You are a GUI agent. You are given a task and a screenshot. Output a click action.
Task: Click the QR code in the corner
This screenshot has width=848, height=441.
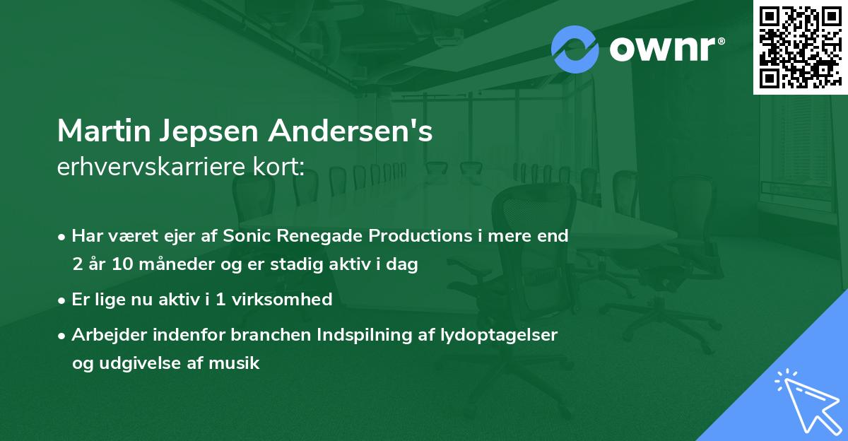point(800,47)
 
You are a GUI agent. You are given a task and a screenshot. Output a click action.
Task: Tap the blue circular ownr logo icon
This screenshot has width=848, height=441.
point(575,49)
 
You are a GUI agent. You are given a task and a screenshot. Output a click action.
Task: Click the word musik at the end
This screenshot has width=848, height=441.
point(238,364)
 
